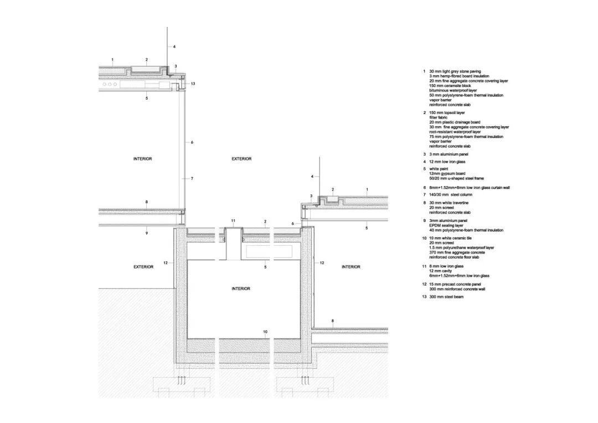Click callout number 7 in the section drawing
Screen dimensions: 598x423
tap(192, 179)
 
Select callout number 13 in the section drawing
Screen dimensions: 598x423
tap(193, 84)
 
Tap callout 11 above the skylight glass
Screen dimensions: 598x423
tap(233, 221)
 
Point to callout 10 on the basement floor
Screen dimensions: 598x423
tap(266, 332)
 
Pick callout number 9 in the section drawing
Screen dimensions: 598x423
tap(146, 233)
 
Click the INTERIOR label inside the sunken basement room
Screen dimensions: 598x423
tap(241, 288)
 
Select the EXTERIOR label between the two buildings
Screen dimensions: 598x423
tap(241, 159)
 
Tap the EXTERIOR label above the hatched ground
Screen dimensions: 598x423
tap(143, 267)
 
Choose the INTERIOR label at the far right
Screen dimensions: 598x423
tap(350, 267)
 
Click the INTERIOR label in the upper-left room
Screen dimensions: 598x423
tap(142, 159)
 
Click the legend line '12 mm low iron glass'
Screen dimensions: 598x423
tap(447, 161)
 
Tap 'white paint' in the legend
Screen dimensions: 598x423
tap(440, 168)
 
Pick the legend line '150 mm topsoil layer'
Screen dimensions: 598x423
tap(447, 112)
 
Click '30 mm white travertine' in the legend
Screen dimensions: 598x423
tap(448, 203)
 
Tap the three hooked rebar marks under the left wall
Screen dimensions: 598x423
tap(181, 381)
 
